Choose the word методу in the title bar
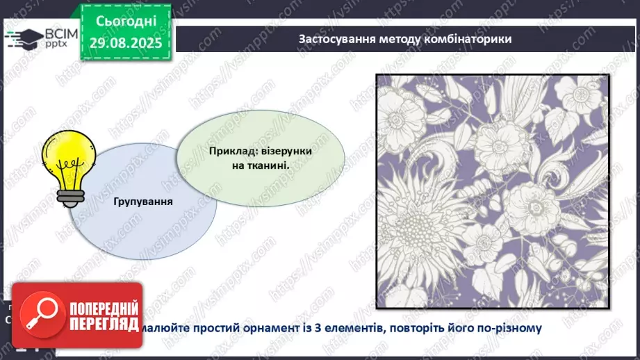click(x=395, y=39)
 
